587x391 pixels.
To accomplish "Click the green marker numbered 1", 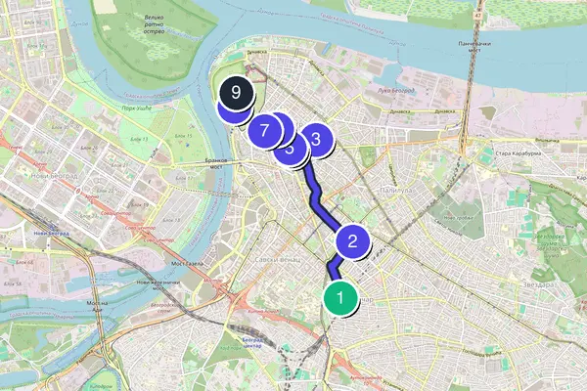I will point(339,295).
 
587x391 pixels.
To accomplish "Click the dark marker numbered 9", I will point(236,94).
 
